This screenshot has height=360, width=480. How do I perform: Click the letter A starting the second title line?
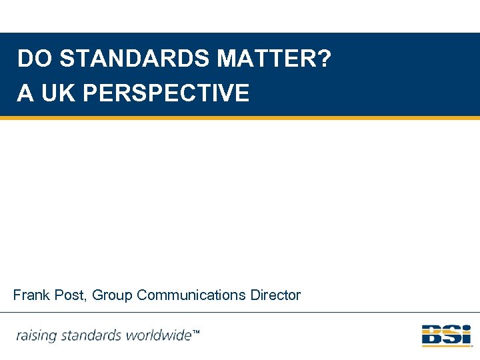(x=25, y=93)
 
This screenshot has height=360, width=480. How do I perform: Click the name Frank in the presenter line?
(x=31, y=295)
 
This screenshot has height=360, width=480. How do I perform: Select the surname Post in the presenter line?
(x=69, y=295)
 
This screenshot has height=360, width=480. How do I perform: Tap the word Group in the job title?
(x=112, y=295)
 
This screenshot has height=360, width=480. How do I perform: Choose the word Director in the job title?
(x=276, y=295)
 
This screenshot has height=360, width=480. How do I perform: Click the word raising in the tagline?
(x=36, y=335)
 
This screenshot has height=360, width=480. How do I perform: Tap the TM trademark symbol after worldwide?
(x=196, y=332)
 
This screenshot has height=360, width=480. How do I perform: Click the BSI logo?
(x=446, y=335)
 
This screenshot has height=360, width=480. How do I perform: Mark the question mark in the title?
(x=324, y=59)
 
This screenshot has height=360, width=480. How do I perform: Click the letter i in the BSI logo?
(x=466, y=335)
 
